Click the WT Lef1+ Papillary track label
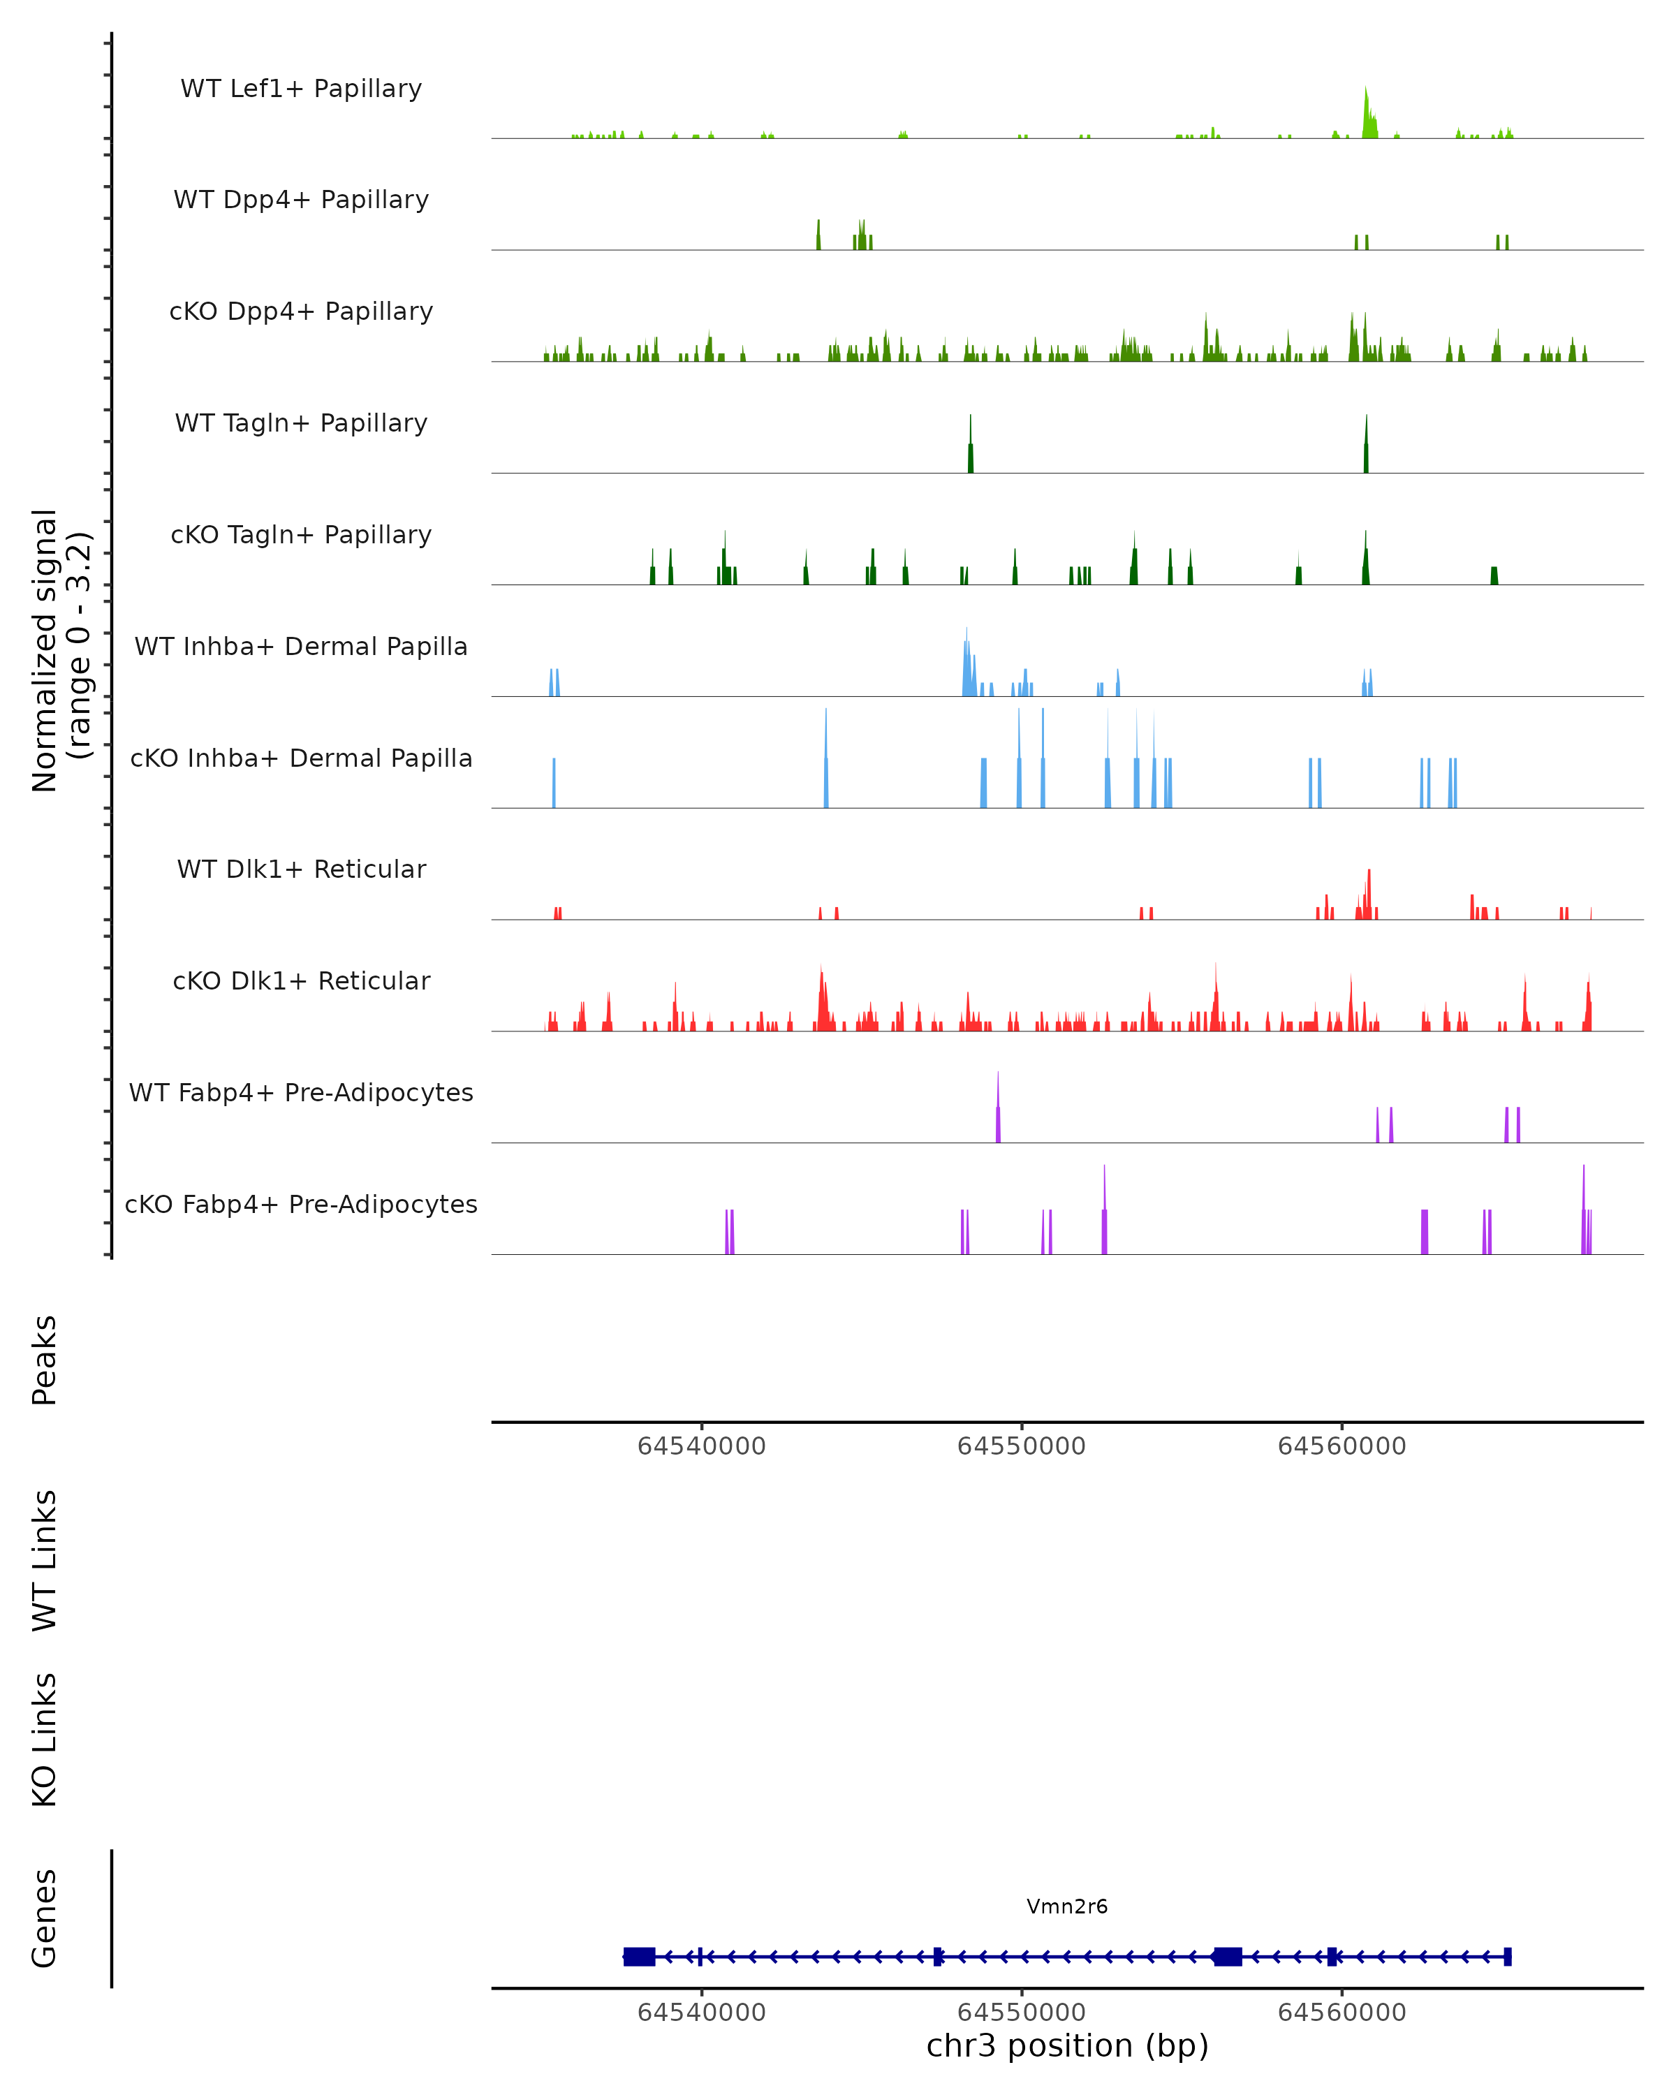tap(301, 89)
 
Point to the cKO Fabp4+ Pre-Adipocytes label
tap(301, 1204)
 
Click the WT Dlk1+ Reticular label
tap(301, 869)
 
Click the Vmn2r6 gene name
tap(1067, 1906)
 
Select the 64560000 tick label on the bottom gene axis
tap(1341, 2013)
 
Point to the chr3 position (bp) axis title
tap(1067, 2046)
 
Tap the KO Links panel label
tap(45, 1740)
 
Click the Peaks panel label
tap(45, 1360)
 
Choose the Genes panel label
tap(45, 1918)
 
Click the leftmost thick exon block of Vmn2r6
tap(639, 1957)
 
